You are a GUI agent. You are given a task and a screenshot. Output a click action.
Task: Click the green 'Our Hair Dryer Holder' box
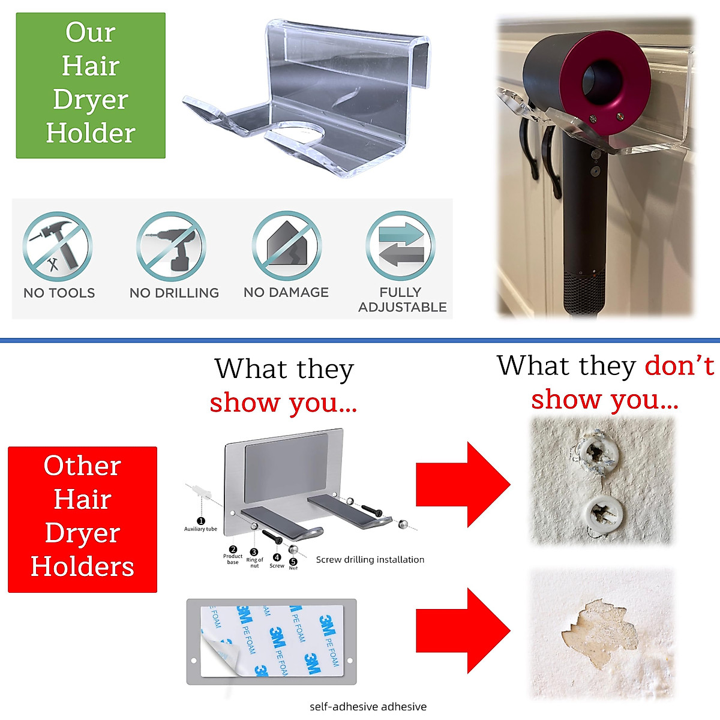[91, 85]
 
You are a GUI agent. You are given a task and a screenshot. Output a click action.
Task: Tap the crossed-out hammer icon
[58, 247]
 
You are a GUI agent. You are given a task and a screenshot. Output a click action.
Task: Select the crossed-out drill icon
[171, 247]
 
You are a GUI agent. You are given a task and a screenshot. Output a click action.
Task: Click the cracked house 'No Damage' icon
[286, 246]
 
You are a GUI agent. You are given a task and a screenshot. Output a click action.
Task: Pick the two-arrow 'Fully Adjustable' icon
[400, 246]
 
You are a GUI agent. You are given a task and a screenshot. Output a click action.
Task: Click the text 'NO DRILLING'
[174, 293]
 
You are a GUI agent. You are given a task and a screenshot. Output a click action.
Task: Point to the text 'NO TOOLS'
[59, 293]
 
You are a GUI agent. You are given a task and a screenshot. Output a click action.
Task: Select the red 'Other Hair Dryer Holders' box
[82, 519]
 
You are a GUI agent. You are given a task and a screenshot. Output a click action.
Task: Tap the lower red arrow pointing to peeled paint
[463, 631]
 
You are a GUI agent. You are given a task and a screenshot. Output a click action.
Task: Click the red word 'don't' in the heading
[679, 365]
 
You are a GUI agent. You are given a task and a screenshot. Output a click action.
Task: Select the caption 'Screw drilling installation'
[370, 559]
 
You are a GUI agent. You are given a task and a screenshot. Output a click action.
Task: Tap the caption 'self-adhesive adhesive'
[368, 706]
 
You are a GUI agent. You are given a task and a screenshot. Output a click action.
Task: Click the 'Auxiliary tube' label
[200, 529]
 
